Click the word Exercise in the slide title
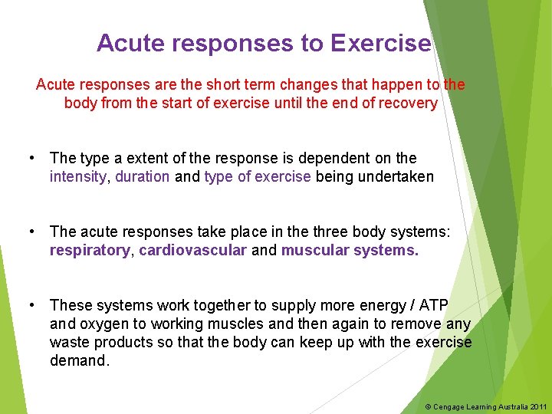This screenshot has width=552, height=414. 380,44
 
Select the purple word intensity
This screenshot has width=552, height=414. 79,177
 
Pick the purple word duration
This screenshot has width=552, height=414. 143,177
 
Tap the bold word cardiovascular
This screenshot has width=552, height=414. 193,251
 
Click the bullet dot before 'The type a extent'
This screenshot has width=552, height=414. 31,159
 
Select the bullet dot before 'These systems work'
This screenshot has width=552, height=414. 31,306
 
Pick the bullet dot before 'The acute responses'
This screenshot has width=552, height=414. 31,232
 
